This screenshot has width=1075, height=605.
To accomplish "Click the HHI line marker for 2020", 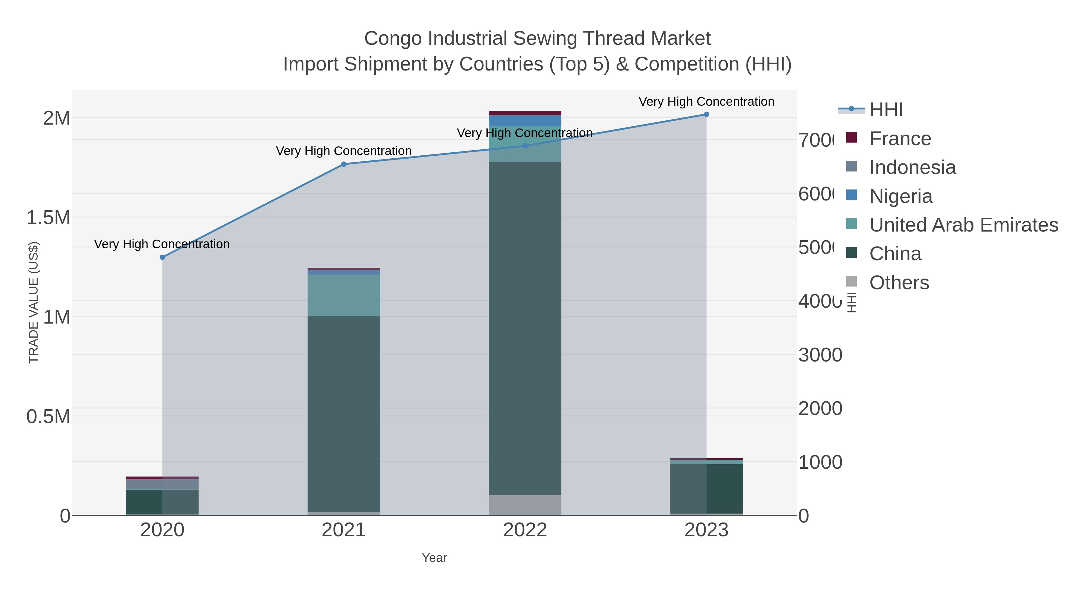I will [162, 257].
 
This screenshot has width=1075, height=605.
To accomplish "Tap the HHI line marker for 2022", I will [525, 146].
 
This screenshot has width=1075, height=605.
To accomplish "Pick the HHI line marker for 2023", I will [706, 114].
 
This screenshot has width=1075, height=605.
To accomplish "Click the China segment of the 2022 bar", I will [525, 328].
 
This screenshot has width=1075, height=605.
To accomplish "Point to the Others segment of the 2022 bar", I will [525, 505].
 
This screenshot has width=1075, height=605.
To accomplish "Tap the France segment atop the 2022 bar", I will [525, 113].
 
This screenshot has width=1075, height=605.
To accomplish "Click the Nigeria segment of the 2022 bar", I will [525, 121].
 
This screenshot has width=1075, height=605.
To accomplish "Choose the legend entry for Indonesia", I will [912, 167].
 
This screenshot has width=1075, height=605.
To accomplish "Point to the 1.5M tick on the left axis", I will [48, 218].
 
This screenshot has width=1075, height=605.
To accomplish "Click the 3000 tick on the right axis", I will [820, 355].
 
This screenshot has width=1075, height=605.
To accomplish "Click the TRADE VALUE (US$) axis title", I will [33, 302].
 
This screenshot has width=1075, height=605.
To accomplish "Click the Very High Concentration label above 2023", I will [706, 102].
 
